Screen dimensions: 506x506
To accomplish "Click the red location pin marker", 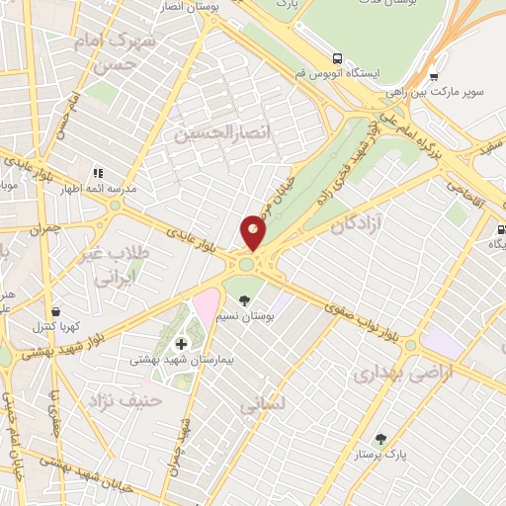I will (253, 232).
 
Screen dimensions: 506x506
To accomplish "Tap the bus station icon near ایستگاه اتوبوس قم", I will (339, 58).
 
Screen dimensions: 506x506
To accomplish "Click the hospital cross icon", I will (181, 343).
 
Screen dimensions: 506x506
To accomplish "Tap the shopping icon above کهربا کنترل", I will (54, 310).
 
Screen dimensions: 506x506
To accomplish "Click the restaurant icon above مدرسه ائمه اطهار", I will (98, 172).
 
